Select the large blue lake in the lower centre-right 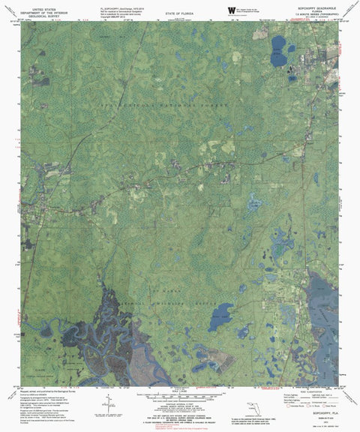point(223,313)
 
